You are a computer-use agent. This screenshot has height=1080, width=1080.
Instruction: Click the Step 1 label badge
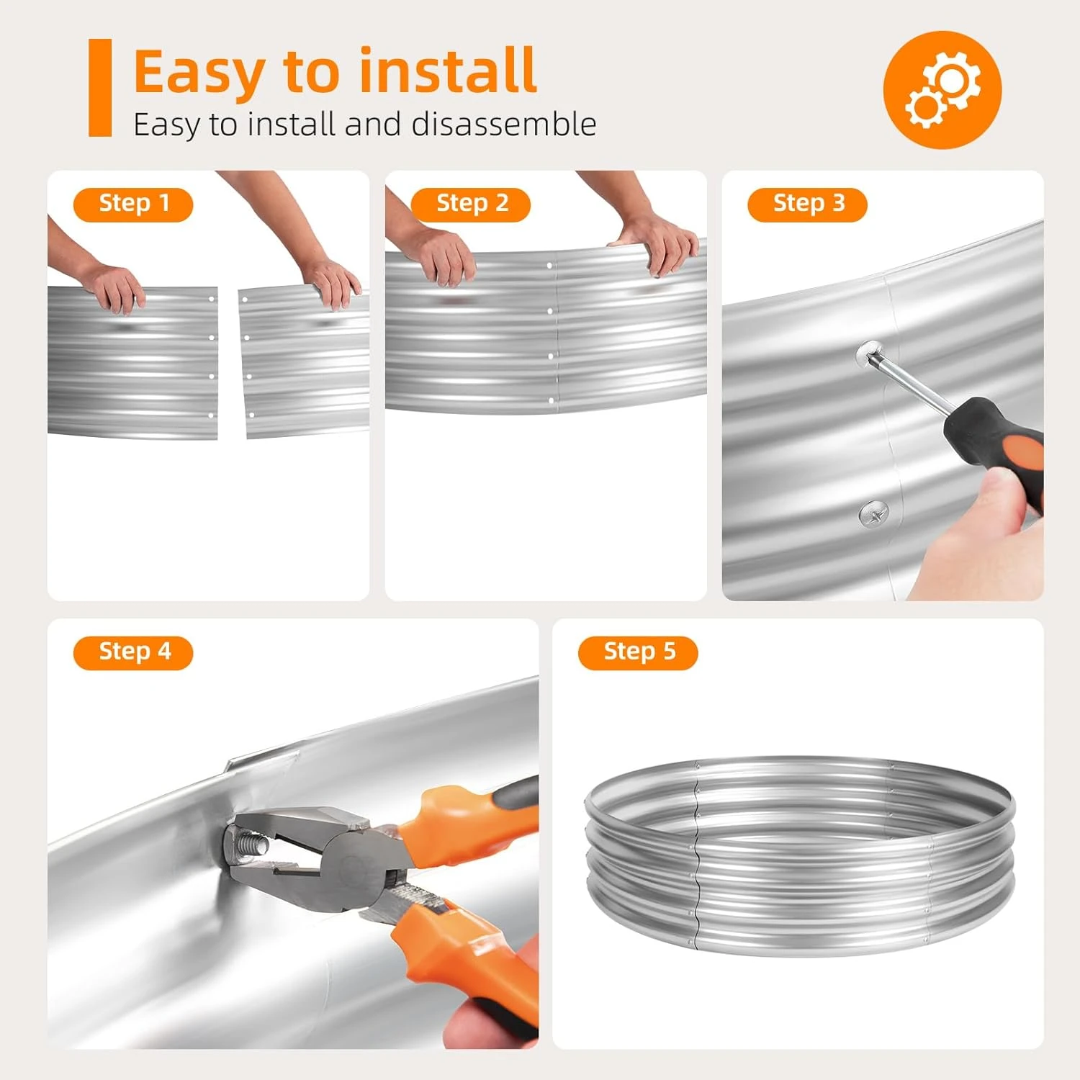point(133,204)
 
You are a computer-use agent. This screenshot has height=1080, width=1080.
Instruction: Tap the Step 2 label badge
point(471,204)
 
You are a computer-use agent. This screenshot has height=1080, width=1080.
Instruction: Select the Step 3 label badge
point(808,204)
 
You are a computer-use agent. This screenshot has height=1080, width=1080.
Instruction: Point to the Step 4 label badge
point(133,653)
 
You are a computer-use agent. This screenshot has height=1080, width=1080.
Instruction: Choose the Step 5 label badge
point(638,653)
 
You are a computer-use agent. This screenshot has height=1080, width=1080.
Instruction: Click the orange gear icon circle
point(942,90)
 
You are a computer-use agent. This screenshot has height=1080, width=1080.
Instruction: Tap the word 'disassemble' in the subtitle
point(504,124)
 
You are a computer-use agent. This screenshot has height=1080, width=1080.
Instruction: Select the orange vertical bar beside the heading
point(100,88)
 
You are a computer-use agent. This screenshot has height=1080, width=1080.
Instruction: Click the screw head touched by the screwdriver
point(870,354)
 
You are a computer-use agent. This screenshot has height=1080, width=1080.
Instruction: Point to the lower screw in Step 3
point(874,514)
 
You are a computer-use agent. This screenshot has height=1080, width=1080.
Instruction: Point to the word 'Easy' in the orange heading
point(199,72)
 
